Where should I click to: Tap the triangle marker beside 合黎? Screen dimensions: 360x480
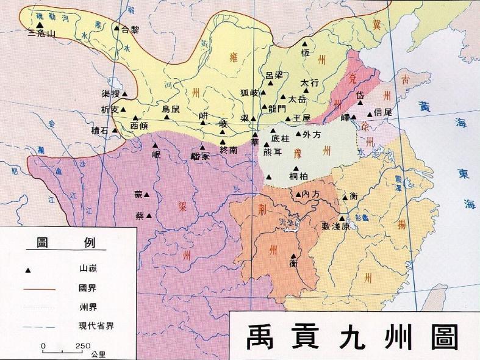(x=116, y=28)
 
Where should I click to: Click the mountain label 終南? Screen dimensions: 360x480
(x=228, y=149)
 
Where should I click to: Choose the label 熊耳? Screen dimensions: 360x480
(x=272, y=152)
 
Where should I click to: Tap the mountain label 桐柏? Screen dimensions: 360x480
(x=300, y=177)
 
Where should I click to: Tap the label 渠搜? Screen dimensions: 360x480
(x=110, y=94)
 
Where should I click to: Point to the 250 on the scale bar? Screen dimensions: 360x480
(x=82, y=345)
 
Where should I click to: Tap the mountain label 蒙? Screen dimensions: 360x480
(x=138, y=195)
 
